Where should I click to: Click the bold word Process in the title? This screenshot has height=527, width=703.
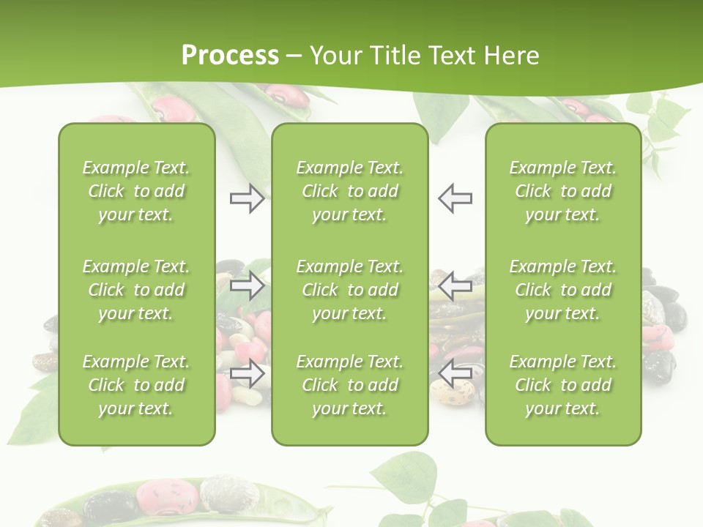pos(230,56)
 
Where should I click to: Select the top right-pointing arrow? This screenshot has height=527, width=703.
pos(247,198)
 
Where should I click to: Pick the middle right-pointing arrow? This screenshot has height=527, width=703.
pos(247,285)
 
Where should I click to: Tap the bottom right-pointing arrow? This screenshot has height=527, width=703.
pos(247,374)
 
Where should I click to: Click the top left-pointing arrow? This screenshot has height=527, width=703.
pos(455,198)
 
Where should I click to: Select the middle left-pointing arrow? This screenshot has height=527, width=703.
pos(455,285)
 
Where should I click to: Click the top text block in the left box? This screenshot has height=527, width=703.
pos(136,191)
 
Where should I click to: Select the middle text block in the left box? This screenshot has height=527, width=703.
pos(136,290)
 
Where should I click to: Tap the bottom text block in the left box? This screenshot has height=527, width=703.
pos(136,385)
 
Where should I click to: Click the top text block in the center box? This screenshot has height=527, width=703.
pos(349,191)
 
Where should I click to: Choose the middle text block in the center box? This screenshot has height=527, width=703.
pos(349,290)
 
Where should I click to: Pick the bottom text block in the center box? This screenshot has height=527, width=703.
pos(349,385)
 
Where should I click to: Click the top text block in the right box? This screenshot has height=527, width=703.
pos(562,191)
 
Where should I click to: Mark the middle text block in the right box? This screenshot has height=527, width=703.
pos(562,290)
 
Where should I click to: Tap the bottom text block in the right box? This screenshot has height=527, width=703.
pos(562,385)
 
